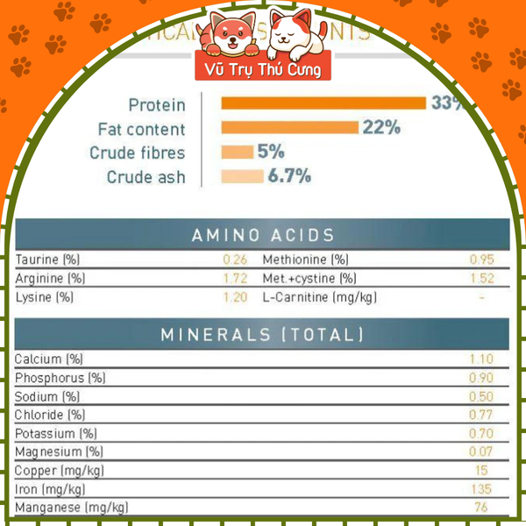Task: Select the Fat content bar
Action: click(x=289, y=127)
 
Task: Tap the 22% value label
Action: click(x=381, y=127)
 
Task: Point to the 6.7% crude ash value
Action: click(x=289, y=176)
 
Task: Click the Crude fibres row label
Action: click(x=138, y=153)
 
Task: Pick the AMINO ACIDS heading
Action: click(x=263, y=235)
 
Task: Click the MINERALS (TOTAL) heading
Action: click(x=263, y=335)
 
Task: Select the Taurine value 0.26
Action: click(x=235, y=259)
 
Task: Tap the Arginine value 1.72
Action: click(x=235, y=278)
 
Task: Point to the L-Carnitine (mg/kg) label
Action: click(x=320, y=297)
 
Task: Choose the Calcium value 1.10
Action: click(x=481, y=359)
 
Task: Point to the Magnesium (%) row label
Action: click(x=59, y=451)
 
